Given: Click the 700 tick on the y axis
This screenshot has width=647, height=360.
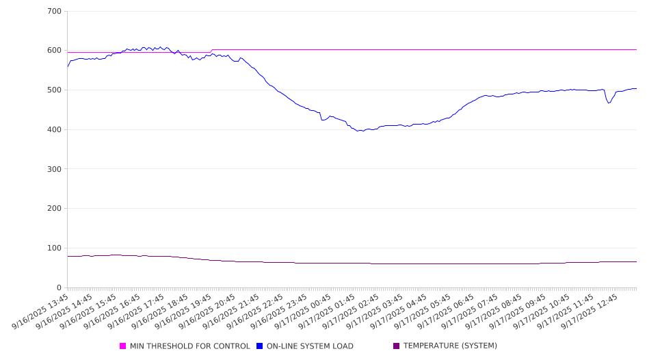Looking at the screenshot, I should (55, 12).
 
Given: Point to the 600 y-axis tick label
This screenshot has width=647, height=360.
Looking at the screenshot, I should (55, 51).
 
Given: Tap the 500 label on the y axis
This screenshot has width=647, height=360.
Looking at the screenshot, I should (55, 90).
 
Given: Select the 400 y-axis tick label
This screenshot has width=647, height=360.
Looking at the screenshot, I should (55, 130).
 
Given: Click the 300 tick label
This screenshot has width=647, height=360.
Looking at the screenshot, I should (55, 169).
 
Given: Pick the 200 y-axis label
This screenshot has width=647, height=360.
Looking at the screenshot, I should (55, 209).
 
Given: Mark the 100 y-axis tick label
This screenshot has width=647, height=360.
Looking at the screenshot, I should (55, 248).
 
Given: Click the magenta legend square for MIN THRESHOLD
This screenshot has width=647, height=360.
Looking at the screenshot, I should (123, 346).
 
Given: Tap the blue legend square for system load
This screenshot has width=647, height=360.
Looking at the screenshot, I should (260, 346).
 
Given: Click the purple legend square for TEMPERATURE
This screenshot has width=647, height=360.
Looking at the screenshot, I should (397, 346).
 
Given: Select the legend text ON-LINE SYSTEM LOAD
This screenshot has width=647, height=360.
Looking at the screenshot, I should (310, 346).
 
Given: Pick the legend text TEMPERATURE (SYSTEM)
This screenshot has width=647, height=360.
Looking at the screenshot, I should (450, 346).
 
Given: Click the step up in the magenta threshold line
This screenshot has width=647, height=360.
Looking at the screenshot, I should (212, 51).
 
